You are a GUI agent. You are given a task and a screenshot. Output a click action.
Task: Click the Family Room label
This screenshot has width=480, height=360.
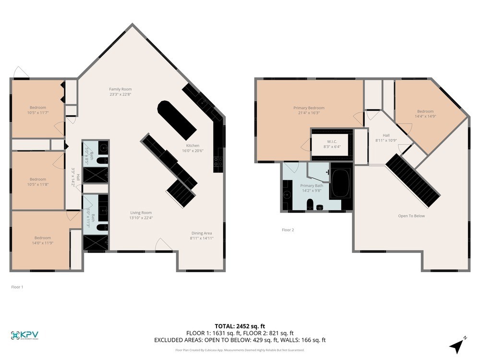pos(120,89)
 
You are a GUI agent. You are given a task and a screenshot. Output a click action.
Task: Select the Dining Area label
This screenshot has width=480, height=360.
pos(202,233)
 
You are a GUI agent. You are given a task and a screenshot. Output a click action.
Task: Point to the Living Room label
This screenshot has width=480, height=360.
pos(141,213)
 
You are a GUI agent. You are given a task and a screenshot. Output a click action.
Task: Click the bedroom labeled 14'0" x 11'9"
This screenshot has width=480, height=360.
pos(42,240)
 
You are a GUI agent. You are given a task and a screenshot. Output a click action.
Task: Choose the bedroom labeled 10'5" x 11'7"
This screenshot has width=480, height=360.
pos(38,110)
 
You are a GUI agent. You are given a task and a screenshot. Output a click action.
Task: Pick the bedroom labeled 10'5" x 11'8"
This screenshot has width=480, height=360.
pos(38,182)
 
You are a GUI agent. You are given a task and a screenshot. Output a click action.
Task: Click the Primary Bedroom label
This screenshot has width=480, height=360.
pos(309,108)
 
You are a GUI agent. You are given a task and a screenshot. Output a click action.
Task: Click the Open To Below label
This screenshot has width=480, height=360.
pos(411,216)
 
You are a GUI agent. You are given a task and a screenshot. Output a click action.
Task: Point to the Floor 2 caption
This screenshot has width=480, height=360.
pos(288,230)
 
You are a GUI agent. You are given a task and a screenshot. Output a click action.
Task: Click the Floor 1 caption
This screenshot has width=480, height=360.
pos(17,287)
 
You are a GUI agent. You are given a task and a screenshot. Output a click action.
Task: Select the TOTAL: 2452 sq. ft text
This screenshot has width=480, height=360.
pos(240,325)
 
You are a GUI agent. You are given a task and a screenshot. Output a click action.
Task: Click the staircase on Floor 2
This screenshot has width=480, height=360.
pos(413,180)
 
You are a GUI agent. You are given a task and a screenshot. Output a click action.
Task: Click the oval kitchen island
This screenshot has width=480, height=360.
pos(177,120)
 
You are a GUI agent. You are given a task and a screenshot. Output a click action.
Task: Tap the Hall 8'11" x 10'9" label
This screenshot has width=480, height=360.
pos(386,138)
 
